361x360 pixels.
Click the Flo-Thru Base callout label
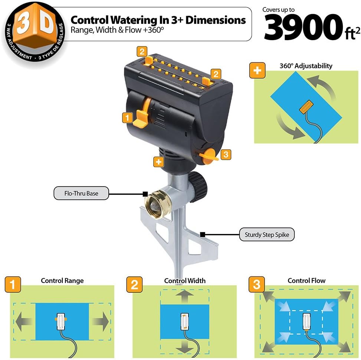pyautogui.click(x=81, y=193)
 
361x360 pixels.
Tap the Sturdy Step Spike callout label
pyautogui.click(x=267, y=234)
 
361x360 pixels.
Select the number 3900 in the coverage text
pyautogui.click(x=303, y=27)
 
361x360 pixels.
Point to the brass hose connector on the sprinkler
pyautogui.click(x=158, y=204)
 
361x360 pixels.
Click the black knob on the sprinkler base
pyautogui.click(x=197, y=187)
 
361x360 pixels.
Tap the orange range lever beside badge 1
pyautogui.click(x=143, y=113)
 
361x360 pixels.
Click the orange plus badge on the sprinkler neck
pyautogui.click(x=159, y=162)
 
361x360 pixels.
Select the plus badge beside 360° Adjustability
pyautogui.click(x=257, y=70)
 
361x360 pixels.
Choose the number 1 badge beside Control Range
pyautogui.click(x=13, y=285)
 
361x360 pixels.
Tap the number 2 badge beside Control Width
pyautogui.click(x=134, y=285)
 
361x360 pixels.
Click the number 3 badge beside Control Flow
pyautogui.click(x=257, y=285)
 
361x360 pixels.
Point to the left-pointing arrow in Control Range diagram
pyautogui.click(x=23, y=321)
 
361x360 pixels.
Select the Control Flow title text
pyautogui.click(x=306, y=280)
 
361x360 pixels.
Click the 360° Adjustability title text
pyautogui.click(x=306, y=66)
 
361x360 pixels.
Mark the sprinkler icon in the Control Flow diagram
pyautogui.click(x=307, y=321)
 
